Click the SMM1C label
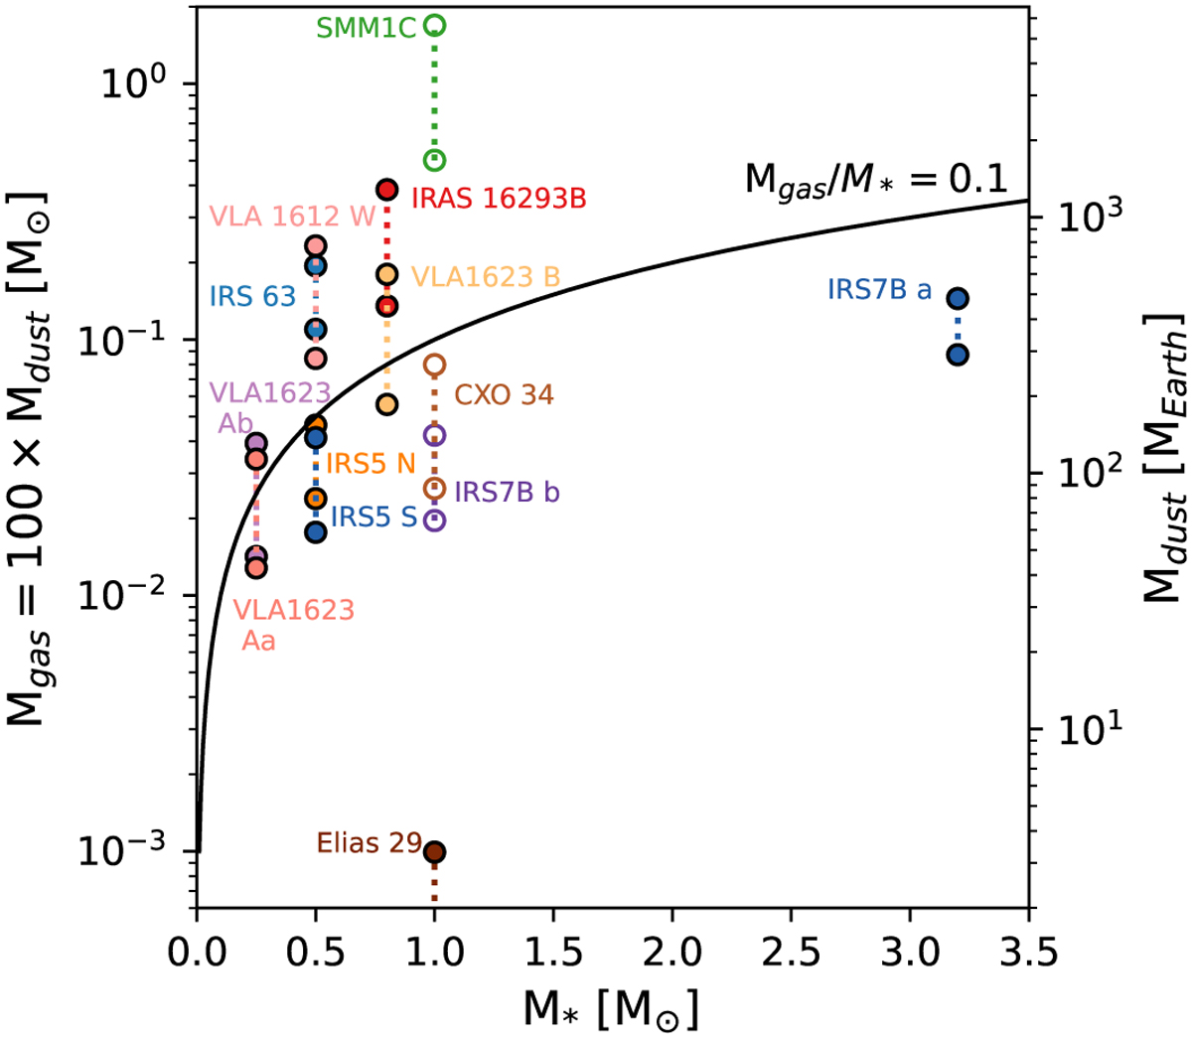pos(366,28)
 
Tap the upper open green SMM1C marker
pos(434,25)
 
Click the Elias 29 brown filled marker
pos(434,851)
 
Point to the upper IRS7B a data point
pos(958,298)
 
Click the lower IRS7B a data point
pos(958,355)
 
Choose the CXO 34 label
pos(504,395)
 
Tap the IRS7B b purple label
pos(507,492)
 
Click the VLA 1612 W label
pos(292,217)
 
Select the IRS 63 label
pos(252,296)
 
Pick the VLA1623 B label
pos(486,277)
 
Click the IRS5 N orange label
pos(371,463)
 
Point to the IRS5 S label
pos(373,517)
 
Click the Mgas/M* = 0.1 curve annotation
pos(876,180)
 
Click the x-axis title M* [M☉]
pos(611,1009)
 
